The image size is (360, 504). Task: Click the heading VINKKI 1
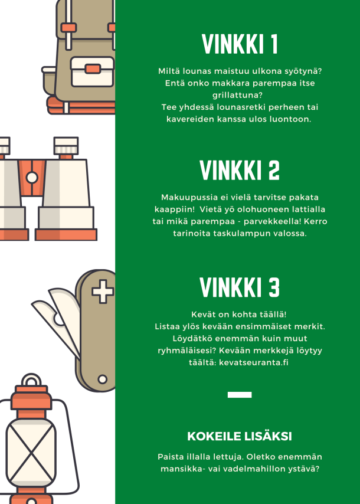pos(240,44)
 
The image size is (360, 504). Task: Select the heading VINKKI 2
pos(240,170)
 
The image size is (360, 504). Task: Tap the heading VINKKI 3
pos(240,287)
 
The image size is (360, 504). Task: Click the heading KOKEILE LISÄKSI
pos(240,436)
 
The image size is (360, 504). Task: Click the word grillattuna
pos(237,95)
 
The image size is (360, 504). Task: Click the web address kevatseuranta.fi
pos(254,362)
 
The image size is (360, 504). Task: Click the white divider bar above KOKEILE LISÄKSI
pos(240,395)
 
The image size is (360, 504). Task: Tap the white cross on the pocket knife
pos(103,292)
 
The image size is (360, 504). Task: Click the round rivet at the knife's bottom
pos(103,379)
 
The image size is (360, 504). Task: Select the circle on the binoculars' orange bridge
pos(32,178)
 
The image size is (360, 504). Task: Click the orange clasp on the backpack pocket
pos(93,69)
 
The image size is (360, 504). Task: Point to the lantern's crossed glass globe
pos(31,454)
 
